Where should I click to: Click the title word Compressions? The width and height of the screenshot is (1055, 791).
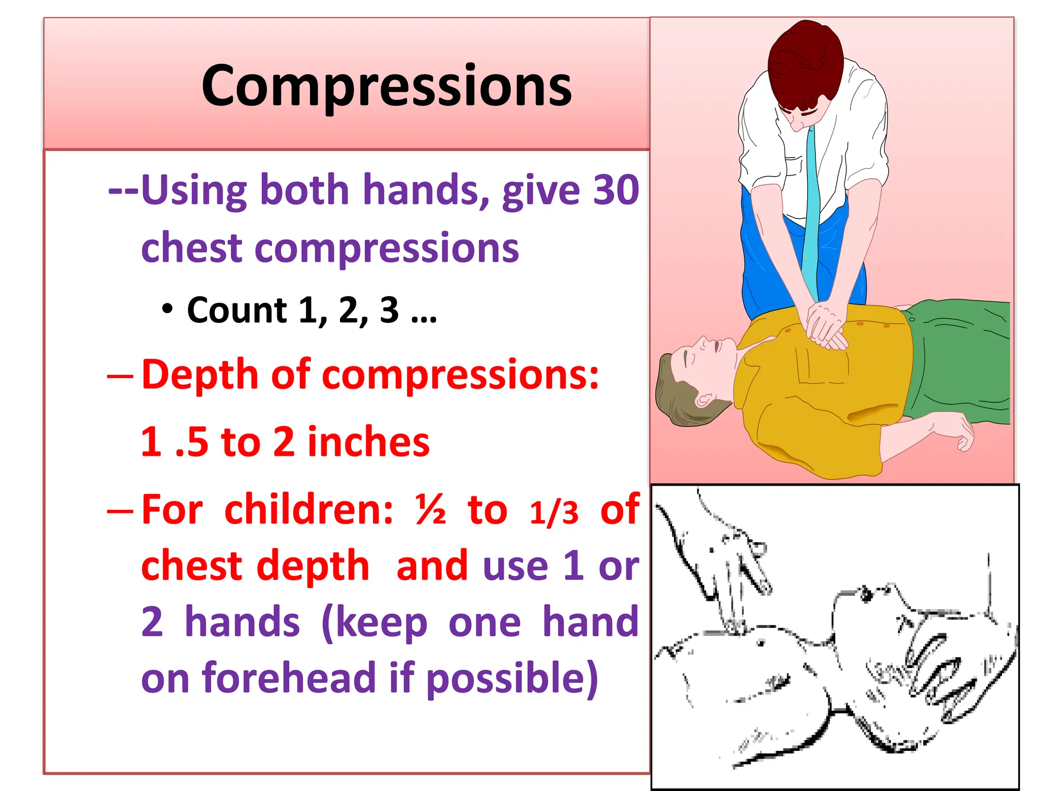click(386, 87)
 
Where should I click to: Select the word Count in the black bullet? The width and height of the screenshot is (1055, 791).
click(236, 311)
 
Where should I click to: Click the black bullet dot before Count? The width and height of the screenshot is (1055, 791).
click(167, 309)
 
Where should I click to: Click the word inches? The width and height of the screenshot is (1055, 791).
click(368, 442)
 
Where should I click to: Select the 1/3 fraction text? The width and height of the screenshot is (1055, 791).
click(554, 513)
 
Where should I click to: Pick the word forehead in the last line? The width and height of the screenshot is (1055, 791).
click(289, 678)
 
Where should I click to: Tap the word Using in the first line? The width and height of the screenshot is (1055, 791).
click(194, 191)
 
